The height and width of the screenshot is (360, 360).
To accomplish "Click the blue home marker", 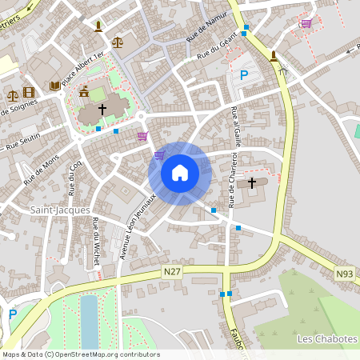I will (180, 172).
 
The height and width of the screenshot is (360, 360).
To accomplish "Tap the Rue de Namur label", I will (202, 31).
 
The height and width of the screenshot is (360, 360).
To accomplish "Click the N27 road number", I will (171, 273).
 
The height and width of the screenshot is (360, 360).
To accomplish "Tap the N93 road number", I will (344, 274).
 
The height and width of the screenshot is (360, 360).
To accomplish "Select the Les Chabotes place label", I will (326, 339).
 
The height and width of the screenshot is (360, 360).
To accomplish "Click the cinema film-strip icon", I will (29, 93).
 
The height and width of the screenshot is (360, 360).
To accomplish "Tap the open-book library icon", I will (54, 85).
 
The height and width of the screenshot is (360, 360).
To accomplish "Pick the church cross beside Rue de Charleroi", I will (252, 183).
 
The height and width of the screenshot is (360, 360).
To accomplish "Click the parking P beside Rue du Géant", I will (244, 76).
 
